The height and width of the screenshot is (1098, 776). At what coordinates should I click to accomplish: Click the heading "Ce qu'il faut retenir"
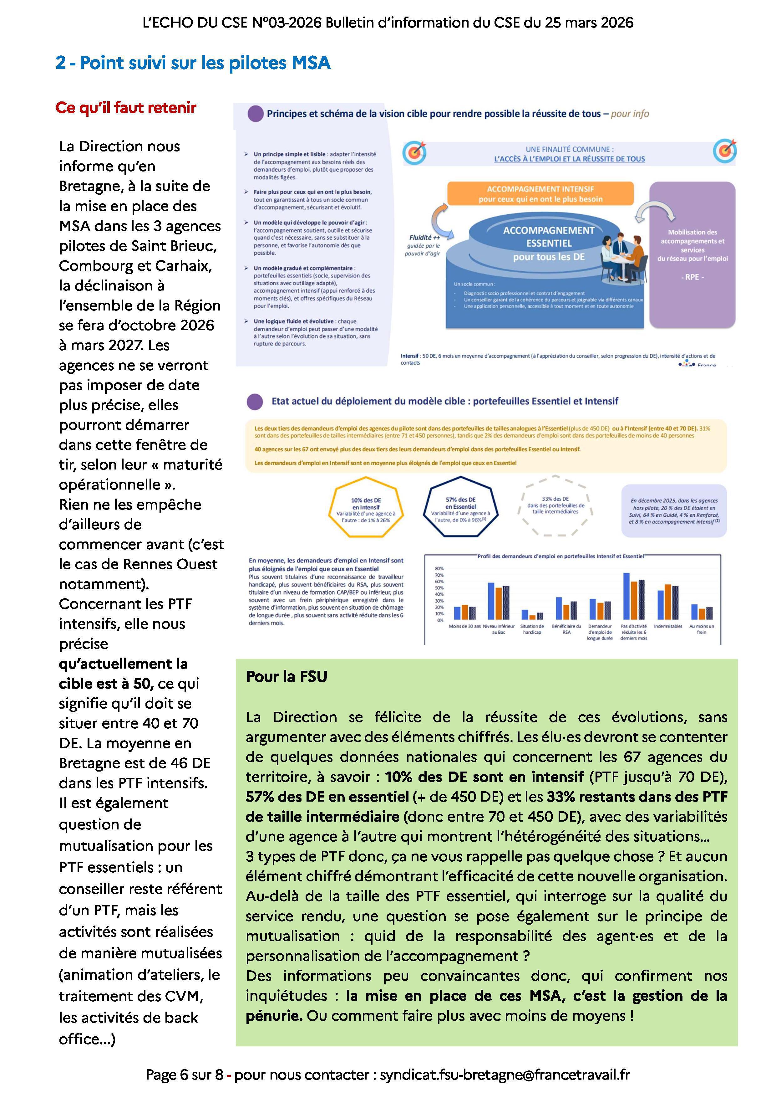[126, 108]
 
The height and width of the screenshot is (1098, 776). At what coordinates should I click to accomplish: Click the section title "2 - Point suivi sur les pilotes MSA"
[193, 63]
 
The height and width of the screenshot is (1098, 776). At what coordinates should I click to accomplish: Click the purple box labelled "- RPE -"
[692, 254]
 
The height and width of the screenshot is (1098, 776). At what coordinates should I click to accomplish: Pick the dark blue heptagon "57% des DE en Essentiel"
[461, 507]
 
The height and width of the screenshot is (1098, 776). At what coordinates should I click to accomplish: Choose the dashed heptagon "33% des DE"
[555, 505]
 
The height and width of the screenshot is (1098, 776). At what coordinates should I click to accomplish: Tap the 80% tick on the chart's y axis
[439, 569]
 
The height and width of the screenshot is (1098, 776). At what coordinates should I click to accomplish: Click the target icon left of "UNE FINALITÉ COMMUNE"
[414, 152]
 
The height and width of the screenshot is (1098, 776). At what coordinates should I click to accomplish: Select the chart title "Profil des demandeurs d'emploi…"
[560, 556]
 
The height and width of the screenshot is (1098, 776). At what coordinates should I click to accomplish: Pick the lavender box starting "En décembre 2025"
[674, 511]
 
